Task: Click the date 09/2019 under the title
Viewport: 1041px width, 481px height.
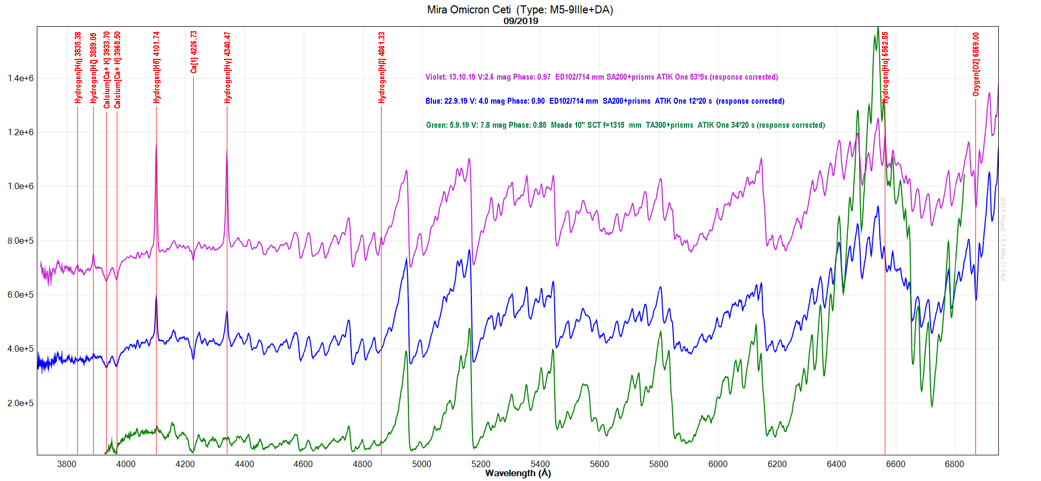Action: pyautogui.click(x=520, y=21)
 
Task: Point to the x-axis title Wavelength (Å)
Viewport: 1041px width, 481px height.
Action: pyautogui.click(x=517, y=473)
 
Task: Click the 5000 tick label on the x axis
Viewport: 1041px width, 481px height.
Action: pyautogui.click(x=421, y=464)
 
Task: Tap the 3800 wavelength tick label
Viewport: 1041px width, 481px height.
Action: pyautogui.click(x=67, y=464)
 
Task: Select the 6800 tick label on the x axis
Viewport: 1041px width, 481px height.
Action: pyautogui.click(x=954, y=464)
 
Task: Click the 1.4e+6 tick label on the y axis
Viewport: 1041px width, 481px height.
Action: pyautogui.click(x=20, y=78)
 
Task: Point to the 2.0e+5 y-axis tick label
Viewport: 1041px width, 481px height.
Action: pyautogui.click(x=20, y=403)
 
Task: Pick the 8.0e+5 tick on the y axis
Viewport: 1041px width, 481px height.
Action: pyautogui.click(x=20, y=241)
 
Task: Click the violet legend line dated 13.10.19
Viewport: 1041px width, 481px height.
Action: pyautogui.click(x=601, y=77)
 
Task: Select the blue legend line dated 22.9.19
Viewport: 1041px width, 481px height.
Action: pyautogui.click(x=605, y=101)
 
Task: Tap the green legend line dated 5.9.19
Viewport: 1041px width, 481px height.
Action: pyautogui.click(x=625, y=125)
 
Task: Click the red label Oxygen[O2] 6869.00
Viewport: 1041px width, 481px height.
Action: pyautogui.click(x=976, y=65)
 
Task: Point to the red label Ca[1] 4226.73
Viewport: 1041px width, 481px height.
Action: pyautogui.click(x=194, y=52)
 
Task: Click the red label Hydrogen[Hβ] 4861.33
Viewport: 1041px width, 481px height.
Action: pyautogui.click(x=382, y=67)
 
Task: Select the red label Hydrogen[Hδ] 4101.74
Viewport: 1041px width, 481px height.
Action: pyautogui.click(x=156, y=67)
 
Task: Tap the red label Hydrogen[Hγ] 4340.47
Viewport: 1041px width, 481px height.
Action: pyautogui.click(x=227, y=67)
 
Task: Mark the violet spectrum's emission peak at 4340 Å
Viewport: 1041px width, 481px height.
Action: pyautogui.click(x=227, y=151)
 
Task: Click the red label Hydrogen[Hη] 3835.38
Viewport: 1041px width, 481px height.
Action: pyautogui.click(x=78, y=67)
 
